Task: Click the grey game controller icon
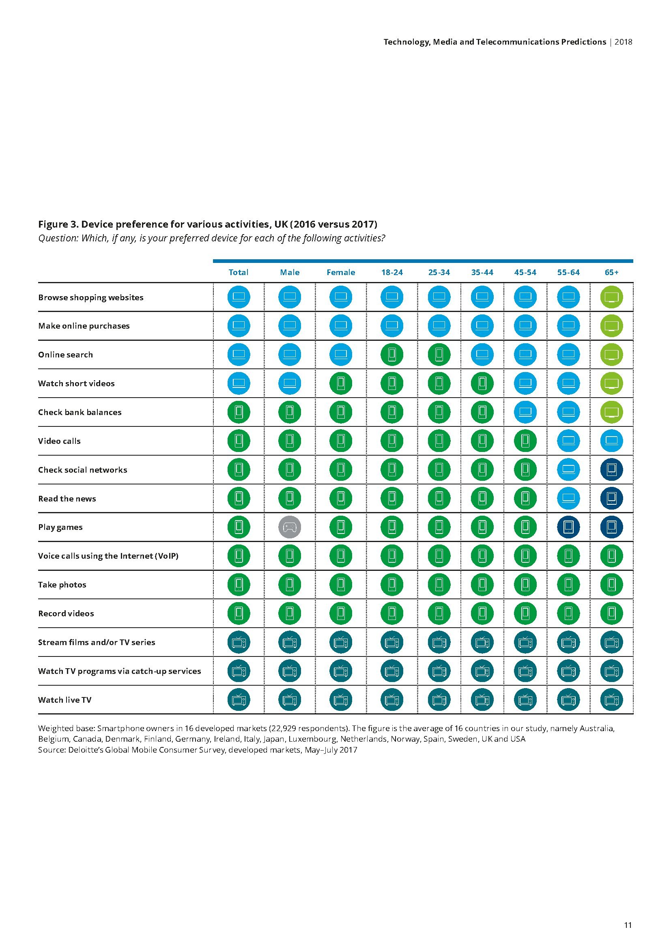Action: (290, 527)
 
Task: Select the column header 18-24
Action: (392, 272)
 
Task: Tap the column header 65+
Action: (611, 272)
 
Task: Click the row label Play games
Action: (60, 527)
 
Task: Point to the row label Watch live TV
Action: (65, 700)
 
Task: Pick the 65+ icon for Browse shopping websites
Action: (611, 297)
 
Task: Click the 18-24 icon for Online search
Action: (392, 354)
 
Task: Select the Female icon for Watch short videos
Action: (341, 383)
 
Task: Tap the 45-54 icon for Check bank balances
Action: (525, 412)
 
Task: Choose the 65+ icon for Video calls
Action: (611, 441)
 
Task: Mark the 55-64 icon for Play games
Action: (568, 527)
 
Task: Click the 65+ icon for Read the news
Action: (611, 498)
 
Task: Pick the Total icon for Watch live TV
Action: (239, 700)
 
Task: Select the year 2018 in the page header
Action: (624, 42)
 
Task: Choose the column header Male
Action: (290, 272)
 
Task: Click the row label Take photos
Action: (62, 585)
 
